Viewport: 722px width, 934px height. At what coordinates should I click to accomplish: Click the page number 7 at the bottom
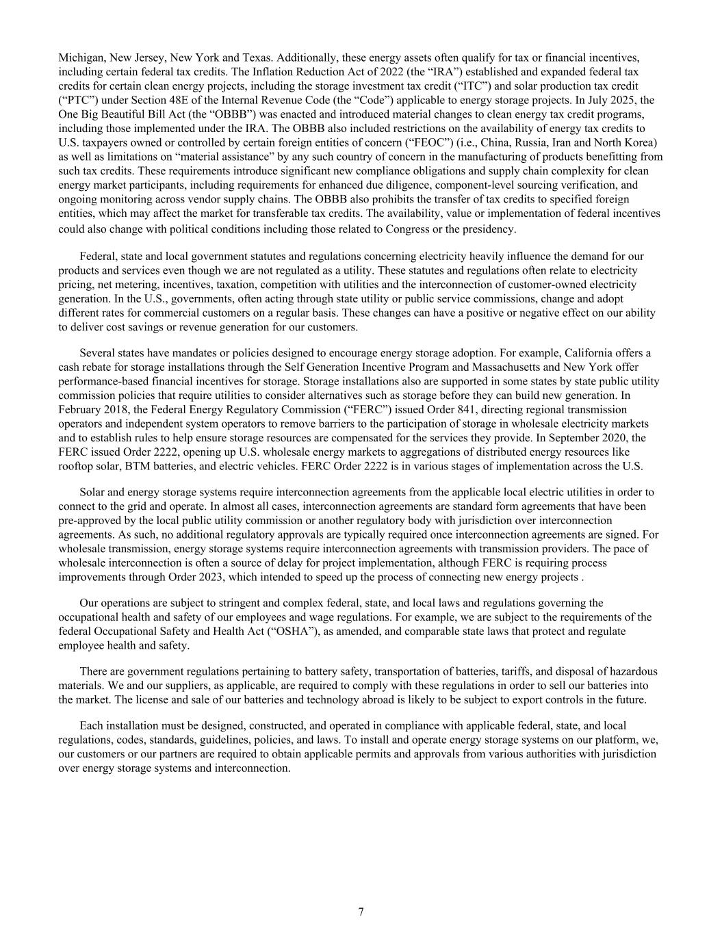click(361, 911)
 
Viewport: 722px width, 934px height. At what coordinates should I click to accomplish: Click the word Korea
click(642, 142)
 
